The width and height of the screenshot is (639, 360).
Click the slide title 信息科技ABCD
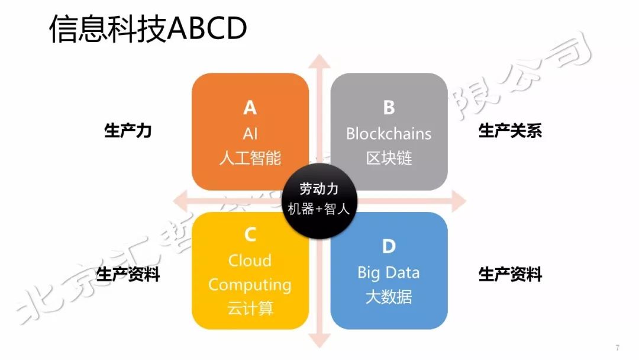tap(147, 29)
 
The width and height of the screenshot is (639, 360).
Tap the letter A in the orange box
tap(250, 107)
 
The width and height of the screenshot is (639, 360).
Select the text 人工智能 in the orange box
tap(250, 158)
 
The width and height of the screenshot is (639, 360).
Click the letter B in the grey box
tap(389, 107)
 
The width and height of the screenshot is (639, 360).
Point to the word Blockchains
tap(389, 133)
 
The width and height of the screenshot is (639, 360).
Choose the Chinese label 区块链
tap(389, 158)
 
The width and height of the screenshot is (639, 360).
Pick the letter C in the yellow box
tap(250, 235)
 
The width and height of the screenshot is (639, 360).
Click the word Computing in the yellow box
tap(250, 285)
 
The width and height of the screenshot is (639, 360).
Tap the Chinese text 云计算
tap(250, 308)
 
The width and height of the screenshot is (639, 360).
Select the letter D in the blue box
tap(389, 246)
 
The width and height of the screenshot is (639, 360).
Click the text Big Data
tap(389, 272)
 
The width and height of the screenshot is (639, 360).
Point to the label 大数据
tap(389, 297)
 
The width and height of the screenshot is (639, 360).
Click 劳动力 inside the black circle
tap(319, 189)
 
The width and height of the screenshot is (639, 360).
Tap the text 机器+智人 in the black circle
tap(319, 209)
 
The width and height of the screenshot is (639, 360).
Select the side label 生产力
tap(128, 131)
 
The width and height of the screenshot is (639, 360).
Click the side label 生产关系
tap(510, 131)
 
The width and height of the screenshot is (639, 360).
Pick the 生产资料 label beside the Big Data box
tap(510, 275)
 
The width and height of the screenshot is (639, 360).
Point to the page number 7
tap(617, 348)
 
